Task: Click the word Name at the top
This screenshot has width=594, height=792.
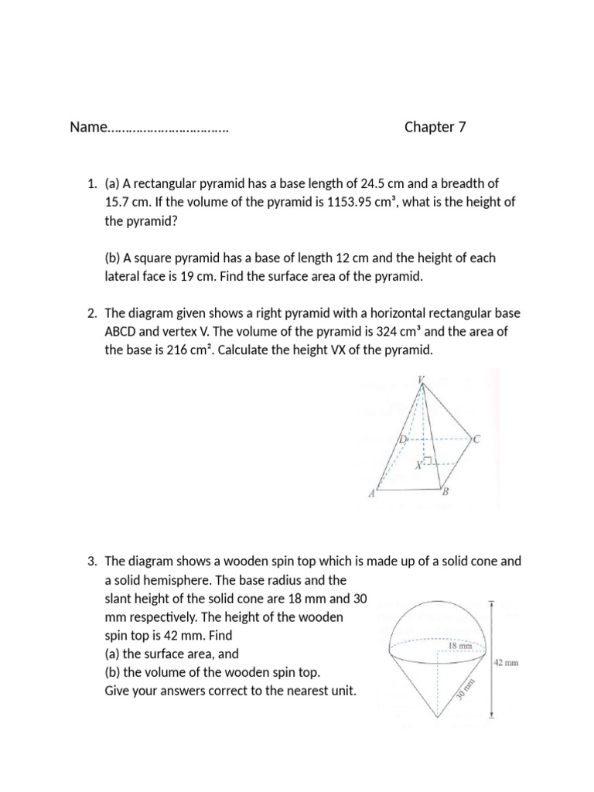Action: point(87,128)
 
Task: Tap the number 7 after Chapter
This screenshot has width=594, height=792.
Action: point(463,128)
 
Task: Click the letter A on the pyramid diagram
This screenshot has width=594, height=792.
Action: point(372,494)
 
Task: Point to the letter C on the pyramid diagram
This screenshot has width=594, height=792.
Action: point(476,440)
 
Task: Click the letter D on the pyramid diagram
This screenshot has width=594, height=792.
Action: point(402,440)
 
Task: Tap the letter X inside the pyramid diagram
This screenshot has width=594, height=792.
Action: point(418,466)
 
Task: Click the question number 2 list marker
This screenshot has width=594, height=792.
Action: point(91,313)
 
